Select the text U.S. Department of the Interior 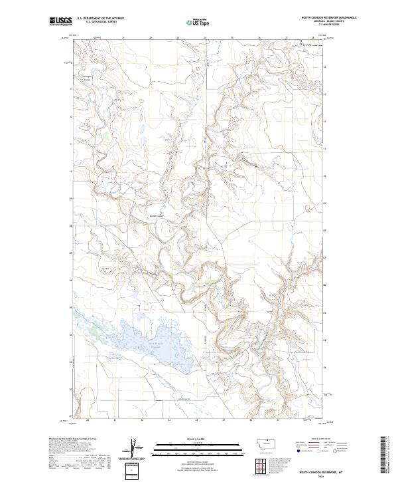tap(100, 19)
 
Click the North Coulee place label tap(155, 215)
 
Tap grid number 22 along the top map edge tap(151, 38)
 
